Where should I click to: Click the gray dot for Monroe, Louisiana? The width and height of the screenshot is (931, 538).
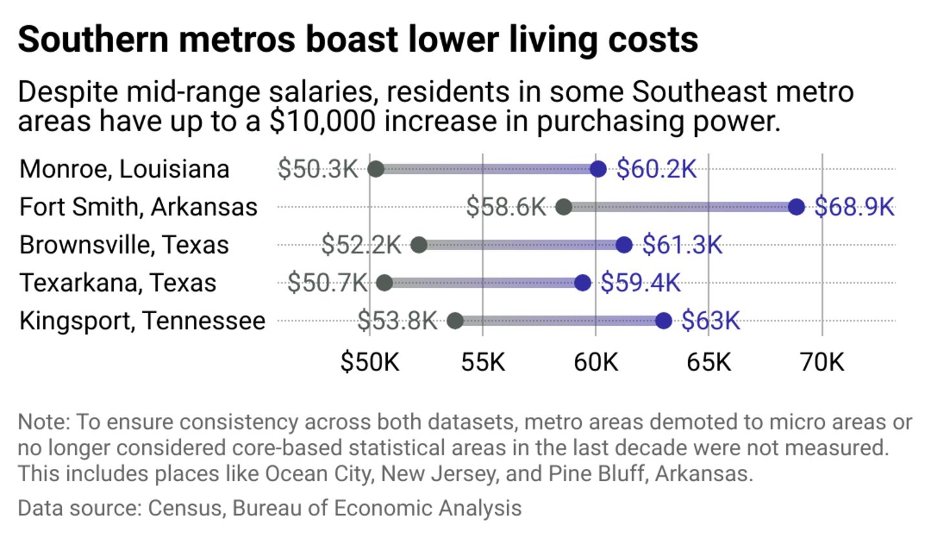pyautogui.click(x=376, y=169)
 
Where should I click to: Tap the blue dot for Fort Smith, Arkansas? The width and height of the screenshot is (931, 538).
pyautogui.click(x=797, y=207)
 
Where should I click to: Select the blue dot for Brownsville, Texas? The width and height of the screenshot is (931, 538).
pyautogui.click(x=624, y=245)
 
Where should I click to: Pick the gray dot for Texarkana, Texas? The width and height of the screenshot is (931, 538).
pyautogui.click(x=384, y=283)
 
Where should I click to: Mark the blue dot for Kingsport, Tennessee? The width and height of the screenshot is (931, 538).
pyautogui.click(x=663, y=321)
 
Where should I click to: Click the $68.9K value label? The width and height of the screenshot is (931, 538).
pyautogui.click(x=854, y=207)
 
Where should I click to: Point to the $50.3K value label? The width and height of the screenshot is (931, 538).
pyautogui.click(x=317, y=169)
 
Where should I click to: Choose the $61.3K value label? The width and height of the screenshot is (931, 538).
pyautogui.click(x=682, y=245)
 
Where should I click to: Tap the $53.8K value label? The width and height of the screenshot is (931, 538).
pyautogui.click(x=397, y=321)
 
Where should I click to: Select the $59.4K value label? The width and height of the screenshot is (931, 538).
pyautogui.click(x=641, y=283)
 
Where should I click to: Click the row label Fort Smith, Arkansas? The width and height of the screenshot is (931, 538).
pyautogui.click(x=138, y=207)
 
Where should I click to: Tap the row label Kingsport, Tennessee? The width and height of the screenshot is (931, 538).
pyautogui.click(x=142, y=321)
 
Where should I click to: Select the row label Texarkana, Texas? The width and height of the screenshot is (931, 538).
pyautogui.click(x=118, y=283)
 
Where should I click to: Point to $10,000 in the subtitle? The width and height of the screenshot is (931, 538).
pyautogui.click(x=322, y=122)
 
